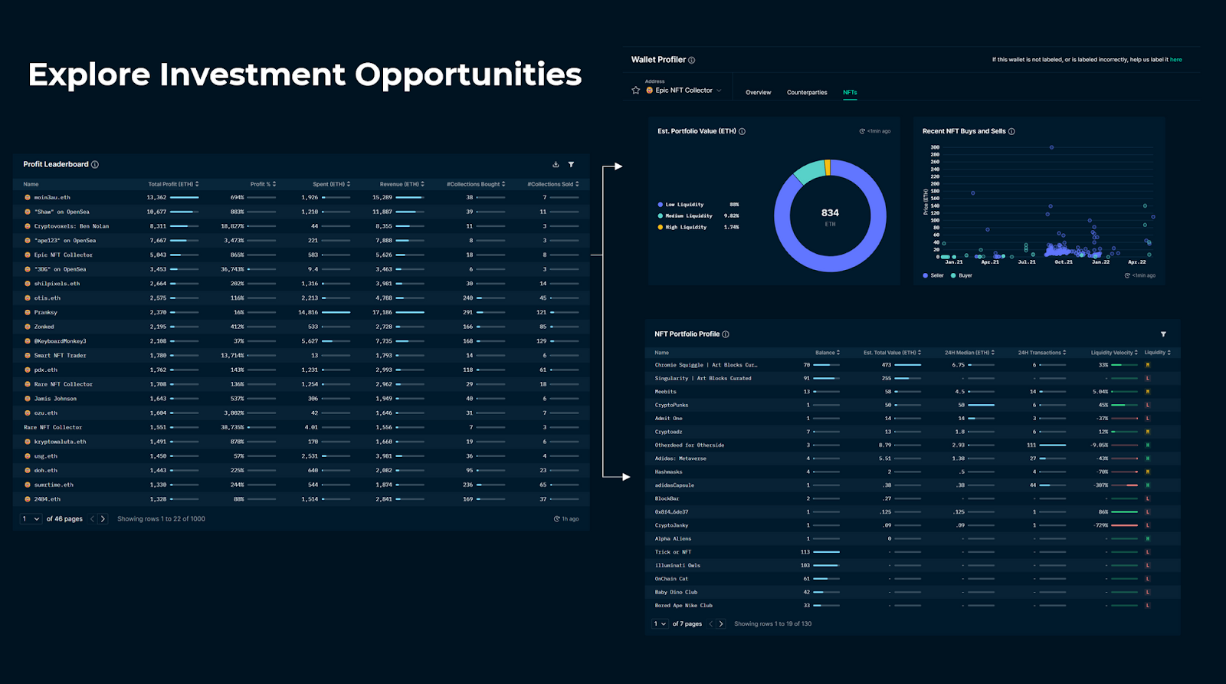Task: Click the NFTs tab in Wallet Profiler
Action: pyautogui.click(x=850, y=92)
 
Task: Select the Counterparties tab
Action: pyautogui.click(x=807, y=92)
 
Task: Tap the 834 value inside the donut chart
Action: pyautogui.click(x=830, y=213)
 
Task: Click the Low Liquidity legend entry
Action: pyautogui.click(x=683, y=205)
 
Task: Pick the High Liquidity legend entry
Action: pyautogui.click(x=685, y=227)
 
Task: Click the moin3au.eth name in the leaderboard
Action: pyautogui.click(x=51, y=197)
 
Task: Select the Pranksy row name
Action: pyautogui.click(x=45, y=312)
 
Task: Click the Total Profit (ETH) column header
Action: pyautogui.click(x=171, y=184)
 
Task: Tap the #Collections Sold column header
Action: pyautogui.click(x=550, y=184)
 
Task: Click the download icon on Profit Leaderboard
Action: pyautogui.click(x=556, y=164)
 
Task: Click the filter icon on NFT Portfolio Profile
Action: pyautogui.click(x=1163, y=334)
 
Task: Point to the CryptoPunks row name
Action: pyautogui.click(x=671, y=405)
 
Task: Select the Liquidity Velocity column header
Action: pyautogui.click(x=1112, y=353)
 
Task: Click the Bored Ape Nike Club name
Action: pyautogui.click(x=683, y=605)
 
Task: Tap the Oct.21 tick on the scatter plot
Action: pyautogui.click(x=1064, y=262)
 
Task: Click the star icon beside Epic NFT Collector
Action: pyautogui.click(x=635, y=90)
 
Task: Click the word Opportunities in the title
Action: pyautogui.click(x=467, y=74)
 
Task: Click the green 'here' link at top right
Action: pyautogui.click(x=1175, y=60)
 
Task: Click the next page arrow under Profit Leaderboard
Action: pyautogui.click(x=103, y=519)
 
